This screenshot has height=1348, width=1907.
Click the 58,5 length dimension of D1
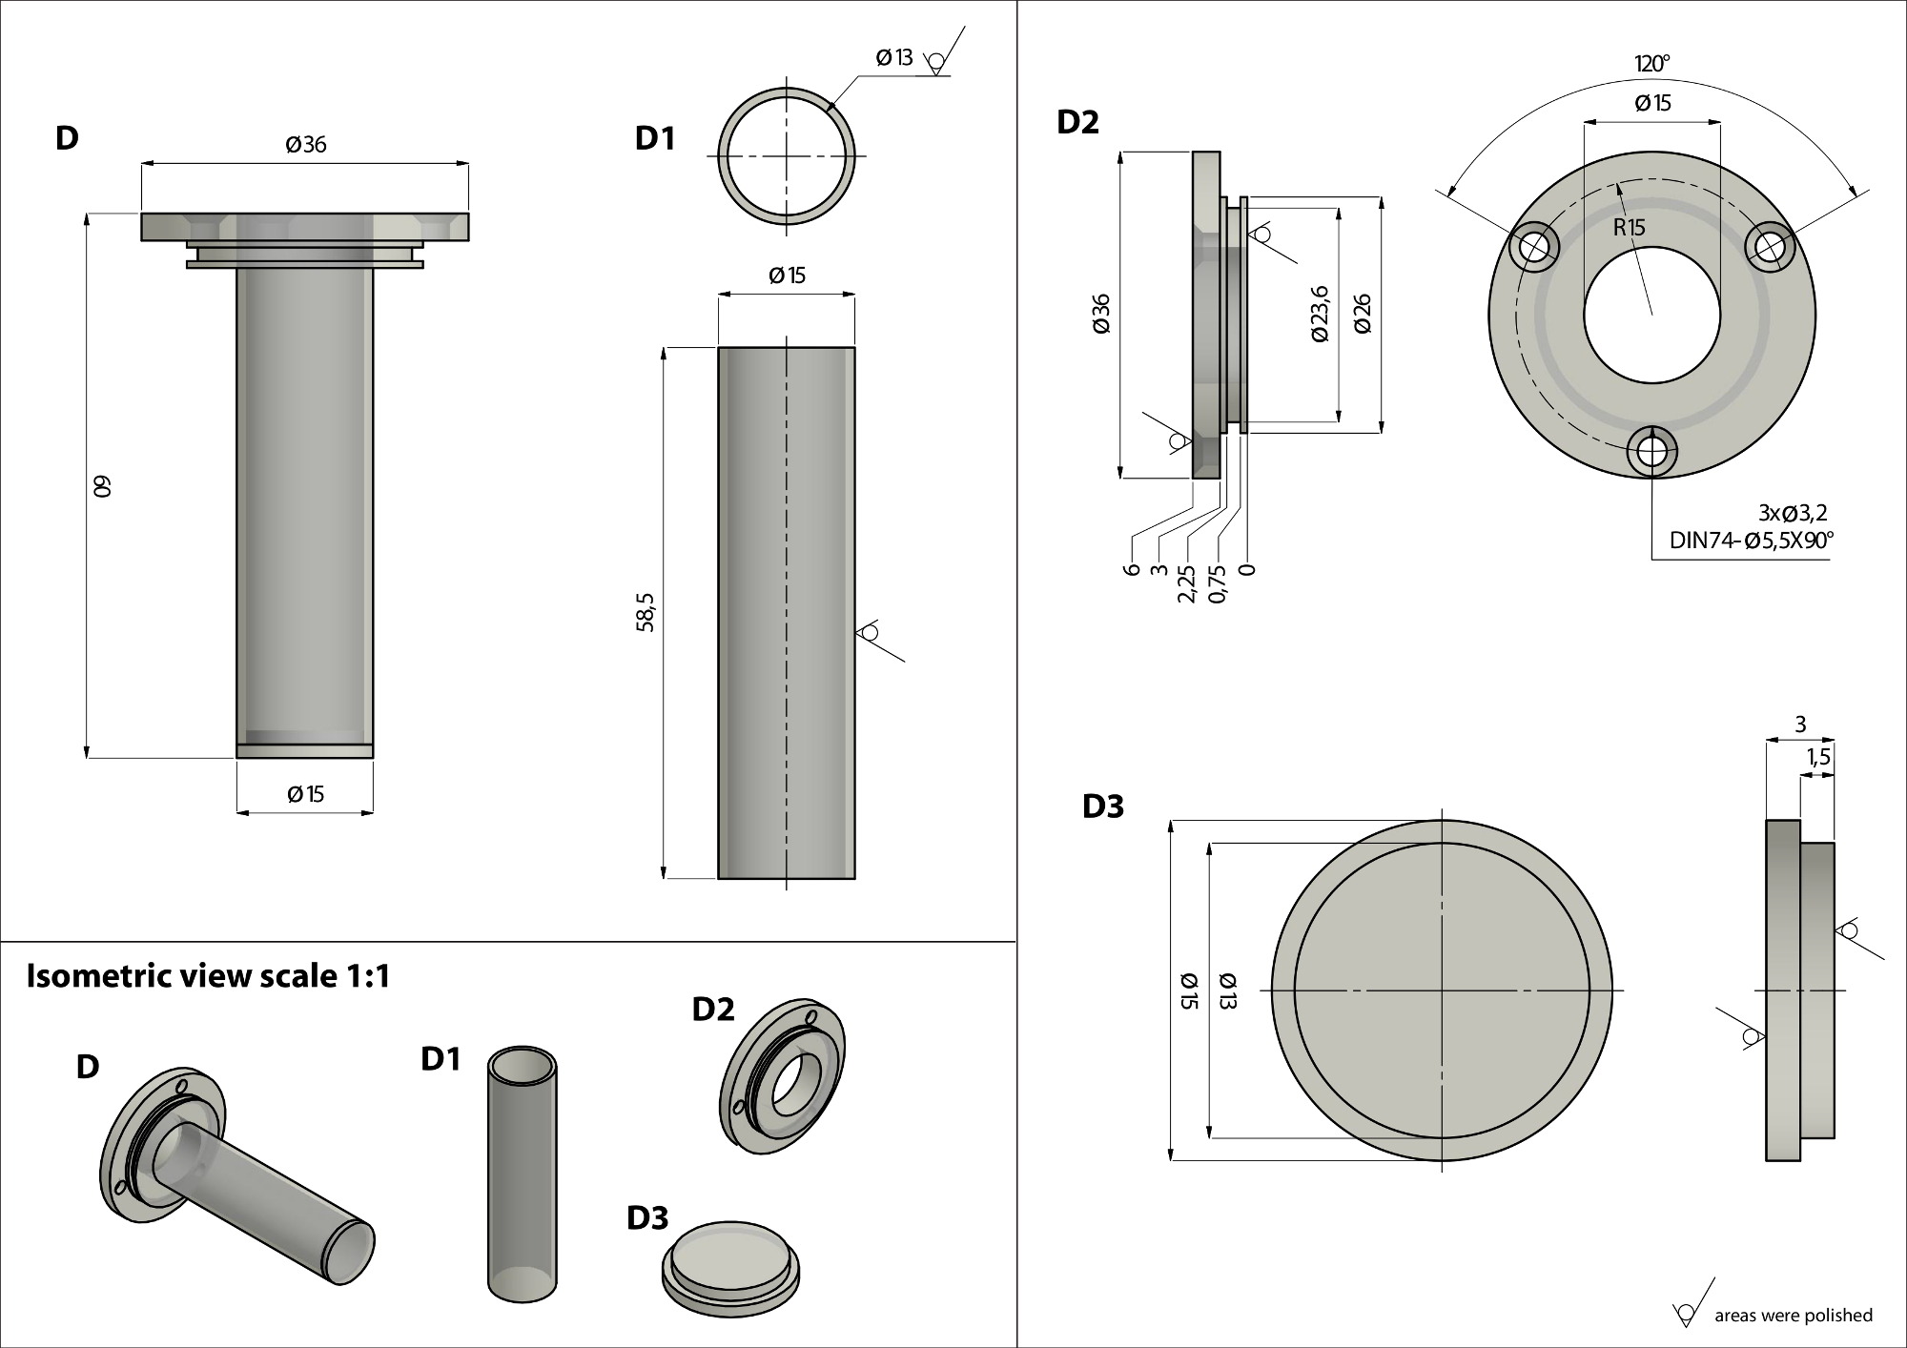[646, 612]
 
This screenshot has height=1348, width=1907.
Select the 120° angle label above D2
[1651, 64]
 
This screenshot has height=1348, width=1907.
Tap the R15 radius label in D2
[1629, 228]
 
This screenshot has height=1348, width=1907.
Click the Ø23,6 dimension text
[1321, 314]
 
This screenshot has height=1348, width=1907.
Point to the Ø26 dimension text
[1363, 314]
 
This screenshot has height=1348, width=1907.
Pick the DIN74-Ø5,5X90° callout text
[1751, 541]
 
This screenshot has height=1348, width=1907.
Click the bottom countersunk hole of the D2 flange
[1651, 451]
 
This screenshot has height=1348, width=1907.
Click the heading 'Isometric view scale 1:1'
[208, 976]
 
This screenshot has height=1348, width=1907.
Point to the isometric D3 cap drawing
[729, 1263]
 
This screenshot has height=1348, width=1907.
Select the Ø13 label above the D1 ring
[894, 58]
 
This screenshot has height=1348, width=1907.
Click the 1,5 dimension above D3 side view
[1817, 757]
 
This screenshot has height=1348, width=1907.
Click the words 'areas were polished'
[1793, 1316]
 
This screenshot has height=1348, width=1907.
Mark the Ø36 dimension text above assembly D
[305, 145]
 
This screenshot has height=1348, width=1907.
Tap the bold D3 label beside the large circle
[1103, 807]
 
